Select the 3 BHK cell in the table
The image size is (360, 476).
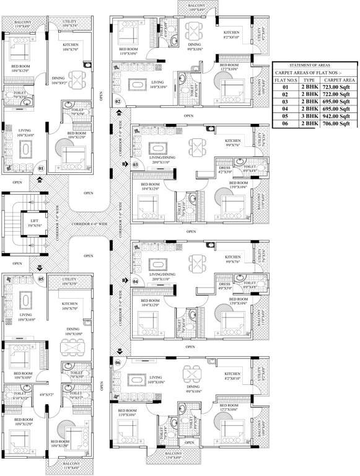[x=309, y=115]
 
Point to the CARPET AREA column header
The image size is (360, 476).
[x=339, y=81]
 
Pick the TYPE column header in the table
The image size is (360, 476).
[x=309, y=81]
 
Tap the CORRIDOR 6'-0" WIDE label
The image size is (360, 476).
[x=87, y=222]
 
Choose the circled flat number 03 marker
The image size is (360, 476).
[x=134, y=164]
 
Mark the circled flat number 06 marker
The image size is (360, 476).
[x=118, y=361]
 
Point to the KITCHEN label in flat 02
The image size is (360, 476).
[x=231, y=32]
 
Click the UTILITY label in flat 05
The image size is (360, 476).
[x=69, y=280]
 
